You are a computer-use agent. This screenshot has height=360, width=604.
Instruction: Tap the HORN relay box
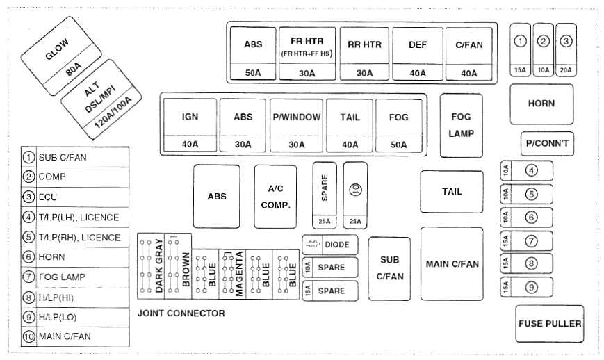pyautogui.click(x=541, y=104)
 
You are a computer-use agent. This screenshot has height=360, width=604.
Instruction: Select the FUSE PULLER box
pyautogui.click(x=549, y=323)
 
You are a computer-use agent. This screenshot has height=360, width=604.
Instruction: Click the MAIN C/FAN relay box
pyautogui.click(x=452, y=263)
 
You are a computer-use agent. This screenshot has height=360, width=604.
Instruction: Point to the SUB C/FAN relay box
pyautogui.click(x=389, y=268)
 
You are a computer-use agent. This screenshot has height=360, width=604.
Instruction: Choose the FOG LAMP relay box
pyautogui.click(x=462, y=125)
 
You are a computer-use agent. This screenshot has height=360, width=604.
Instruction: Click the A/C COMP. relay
pyautogui.click(x=275, y=196)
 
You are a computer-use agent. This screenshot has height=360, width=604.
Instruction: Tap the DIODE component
pyautogui.click(x=330, y=245)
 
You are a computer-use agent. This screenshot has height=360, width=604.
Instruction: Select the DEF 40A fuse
pyautogui.click(x=418, y=53)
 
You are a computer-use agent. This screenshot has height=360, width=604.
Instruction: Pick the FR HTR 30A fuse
pyautogui.click(x=307, y=53)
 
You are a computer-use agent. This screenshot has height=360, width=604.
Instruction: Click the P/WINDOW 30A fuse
pyautogui.click(x=296, y=125)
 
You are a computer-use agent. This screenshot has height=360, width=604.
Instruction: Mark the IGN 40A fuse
pyautogui.click(x=190, y=125)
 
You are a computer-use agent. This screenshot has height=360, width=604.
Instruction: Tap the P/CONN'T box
pyautogui.click(x=547, y=143)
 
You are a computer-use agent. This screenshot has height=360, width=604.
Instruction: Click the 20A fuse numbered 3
pyautogui.click(x=566, y=49)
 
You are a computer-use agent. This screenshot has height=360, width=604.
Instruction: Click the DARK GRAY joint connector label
pyautogui.click(x=159, y=265)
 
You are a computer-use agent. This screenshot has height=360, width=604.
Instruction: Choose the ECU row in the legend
pyautogui.click(x=75, y=197)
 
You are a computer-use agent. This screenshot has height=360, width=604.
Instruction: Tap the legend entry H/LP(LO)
pyautogui.click(x=75, y=317)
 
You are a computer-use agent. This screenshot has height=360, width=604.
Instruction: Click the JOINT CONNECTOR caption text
pyautogui.click(x=181, y=313)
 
